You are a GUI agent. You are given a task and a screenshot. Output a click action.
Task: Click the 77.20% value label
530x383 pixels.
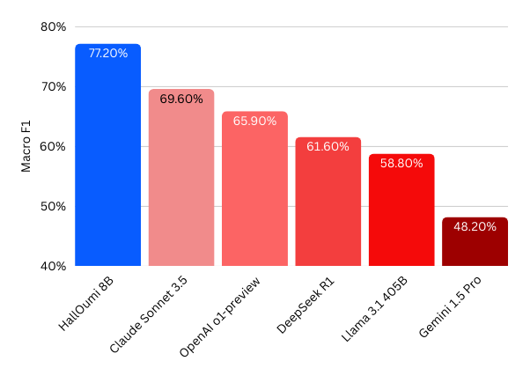tap(107, 54)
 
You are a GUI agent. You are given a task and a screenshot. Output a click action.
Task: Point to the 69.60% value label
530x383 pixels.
tap(180, 99)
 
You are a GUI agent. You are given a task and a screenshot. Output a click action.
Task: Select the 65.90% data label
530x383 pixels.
tap(254, 122)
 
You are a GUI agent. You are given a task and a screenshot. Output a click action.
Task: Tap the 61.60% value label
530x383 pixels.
tap(328, 147)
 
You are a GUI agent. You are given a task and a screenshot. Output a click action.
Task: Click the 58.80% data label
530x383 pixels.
tap(401, 164)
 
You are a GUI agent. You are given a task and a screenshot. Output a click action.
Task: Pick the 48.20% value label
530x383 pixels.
tap(475, 227)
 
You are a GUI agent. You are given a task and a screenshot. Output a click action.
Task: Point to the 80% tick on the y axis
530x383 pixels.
tap(54, 27)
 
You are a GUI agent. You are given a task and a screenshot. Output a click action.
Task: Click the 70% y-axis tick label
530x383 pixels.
tap(54, 87)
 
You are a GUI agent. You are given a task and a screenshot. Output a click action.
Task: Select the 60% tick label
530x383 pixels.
tap(54, 147)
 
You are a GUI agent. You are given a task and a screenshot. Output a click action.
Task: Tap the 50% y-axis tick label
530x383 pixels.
tap(54, 207)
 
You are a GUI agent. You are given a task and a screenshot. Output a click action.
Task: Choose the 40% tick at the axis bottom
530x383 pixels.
tap(54, 266)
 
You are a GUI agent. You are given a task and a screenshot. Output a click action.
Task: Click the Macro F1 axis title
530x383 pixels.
tap(27, 145)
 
